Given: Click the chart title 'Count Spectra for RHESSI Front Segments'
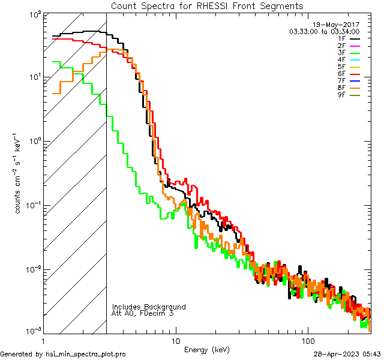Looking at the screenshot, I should pos(208,5).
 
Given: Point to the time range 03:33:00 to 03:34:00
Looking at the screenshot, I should pos(324,31).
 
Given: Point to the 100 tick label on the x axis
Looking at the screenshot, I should pos(308,340).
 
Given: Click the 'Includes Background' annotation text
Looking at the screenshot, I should pos(149,307).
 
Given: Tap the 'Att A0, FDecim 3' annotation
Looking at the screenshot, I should pos(142,313).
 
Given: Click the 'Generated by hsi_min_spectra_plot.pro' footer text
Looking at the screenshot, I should pos(63,355).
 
